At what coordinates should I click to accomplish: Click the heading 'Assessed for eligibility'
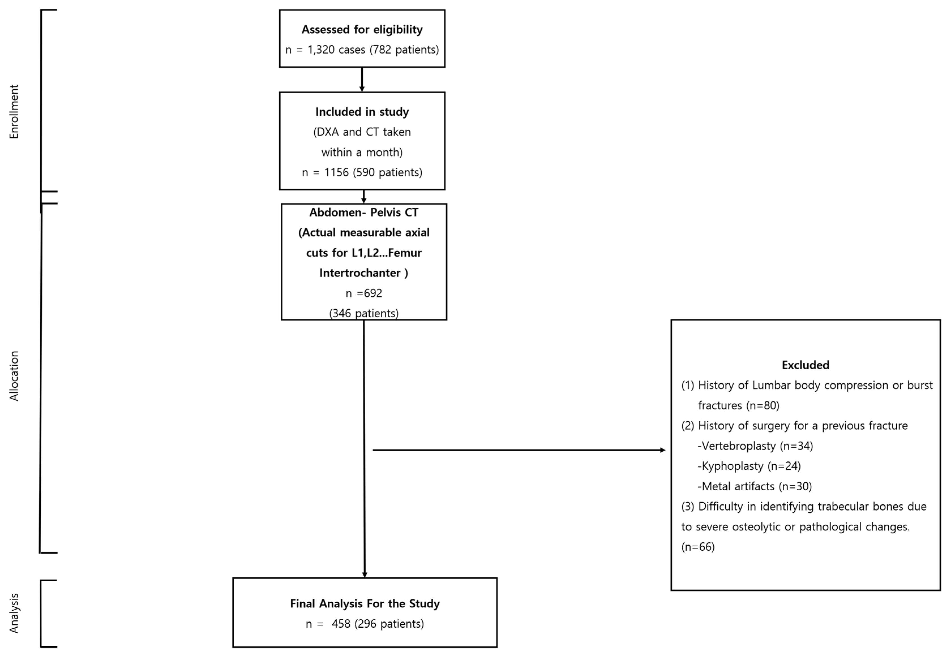click(362, 29)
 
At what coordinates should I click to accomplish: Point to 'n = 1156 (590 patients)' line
click(362, 172)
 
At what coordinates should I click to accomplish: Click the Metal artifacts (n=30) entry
click(754, 486)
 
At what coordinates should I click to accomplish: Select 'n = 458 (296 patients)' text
click(365, 624)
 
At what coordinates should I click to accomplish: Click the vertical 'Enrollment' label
click(14, 111)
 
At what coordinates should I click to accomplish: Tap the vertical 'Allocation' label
click(14, 376)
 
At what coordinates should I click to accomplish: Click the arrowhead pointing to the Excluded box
click(663, 450)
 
